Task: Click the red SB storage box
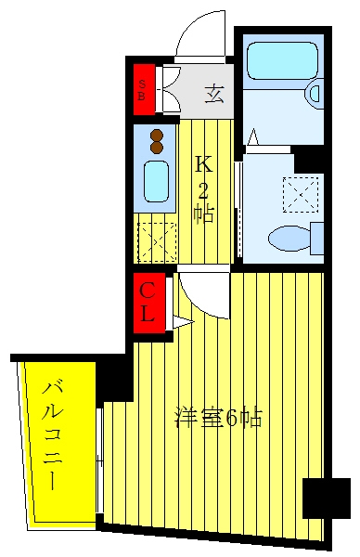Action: [x=144, y=89]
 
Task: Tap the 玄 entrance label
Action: [x=214, y=94]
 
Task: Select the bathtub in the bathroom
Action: [x=282, y=60]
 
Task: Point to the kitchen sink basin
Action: [x=156, y=182]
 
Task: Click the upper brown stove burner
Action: [x=157, y=136]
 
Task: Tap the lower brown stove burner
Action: [x=157, y=148]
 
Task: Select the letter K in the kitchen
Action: [x=204, y=165]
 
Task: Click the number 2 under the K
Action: [x=203, y=191]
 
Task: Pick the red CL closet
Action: [x=149, y=303]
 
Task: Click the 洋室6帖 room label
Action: [x=218, y=418]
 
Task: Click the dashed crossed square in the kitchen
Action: [x=157, y=242]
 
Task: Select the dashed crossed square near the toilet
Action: [x=301, y=195]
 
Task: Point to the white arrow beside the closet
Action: [x=183, y=321]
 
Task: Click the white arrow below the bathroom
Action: [x=252, y=137]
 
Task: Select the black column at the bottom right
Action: [x=327, y=498]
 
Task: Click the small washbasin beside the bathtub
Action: [x=315, y=93]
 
